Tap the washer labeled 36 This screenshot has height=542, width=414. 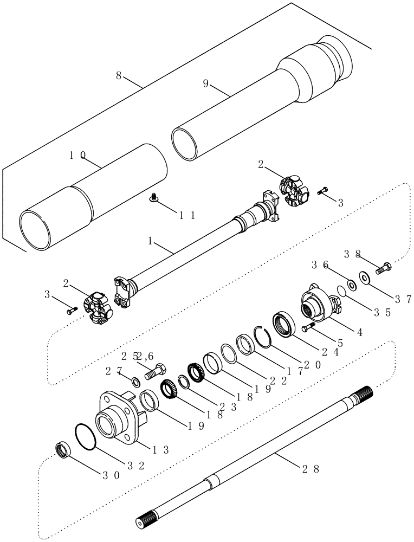[351, 283]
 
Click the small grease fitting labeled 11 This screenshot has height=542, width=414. [154, 199]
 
